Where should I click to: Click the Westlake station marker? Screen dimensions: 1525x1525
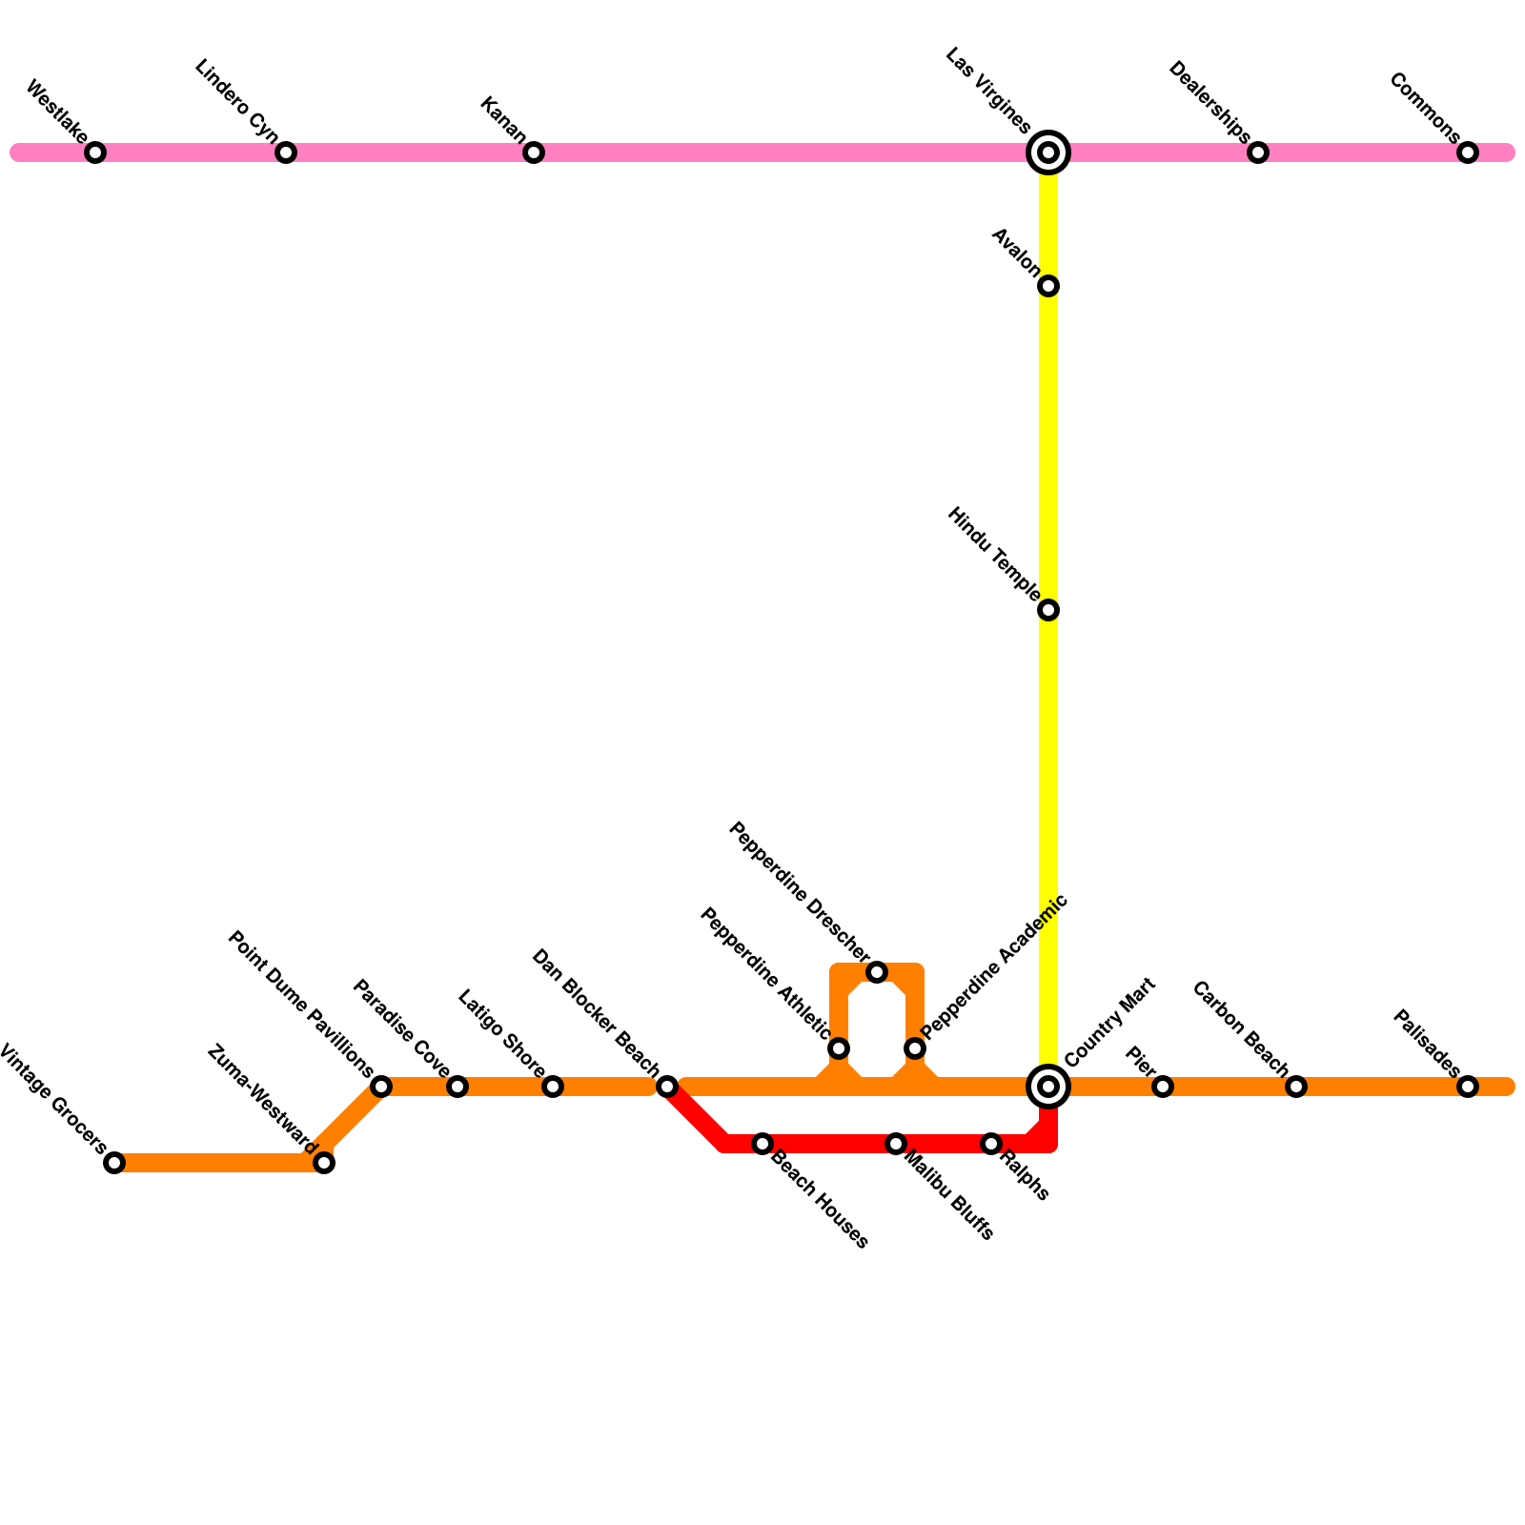click(x=95, y=152)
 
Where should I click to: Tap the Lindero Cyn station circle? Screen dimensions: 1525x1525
click(x=286, y=152)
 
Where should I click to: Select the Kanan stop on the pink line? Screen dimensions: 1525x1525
click(x=534, y=152)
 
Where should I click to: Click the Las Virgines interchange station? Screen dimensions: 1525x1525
click(x=1048, y=152)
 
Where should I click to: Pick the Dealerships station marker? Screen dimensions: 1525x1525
click(x=1258, y=152)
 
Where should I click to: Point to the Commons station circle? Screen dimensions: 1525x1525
click(x=1468, y=152)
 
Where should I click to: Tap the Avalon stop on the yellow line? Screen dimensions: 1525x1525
click(x=1048, y=286)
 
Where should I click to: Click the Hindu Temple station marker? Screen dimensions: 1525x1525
click(x=1048, y=610)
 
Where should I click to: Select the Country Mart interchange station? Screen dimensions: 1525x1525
click(x=1048, y=1087)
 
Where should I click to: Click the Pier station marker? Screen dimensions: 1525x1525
click(x=1163, y=1087)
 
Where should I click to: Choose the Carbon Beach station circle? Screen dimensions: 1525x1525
click(x=1296, y=1087)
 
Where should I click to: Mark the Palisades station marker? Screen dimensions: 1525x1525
click(x=1468, y=1087)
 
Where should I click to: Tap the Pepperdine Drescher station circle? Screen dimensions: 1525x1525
click(x=877, y=972)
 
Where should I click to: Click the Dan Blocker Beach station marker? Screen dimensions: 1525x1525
click(x=667, y=1087)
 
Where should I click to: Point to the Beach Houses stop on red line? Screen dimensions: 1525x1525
click(x=762, y=1144)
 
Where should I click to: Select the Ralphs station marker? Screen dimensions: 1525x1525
click(x=991, y=1144)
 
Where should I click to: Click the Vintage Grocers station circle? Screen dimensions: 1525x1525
click(x=114, y=1163)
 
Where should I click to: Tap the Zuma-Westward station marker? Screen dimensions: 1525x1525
click(x=324, y=1163)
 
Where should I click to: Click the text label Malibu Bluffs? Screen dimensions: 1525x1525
click(x=949, y=1196)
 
